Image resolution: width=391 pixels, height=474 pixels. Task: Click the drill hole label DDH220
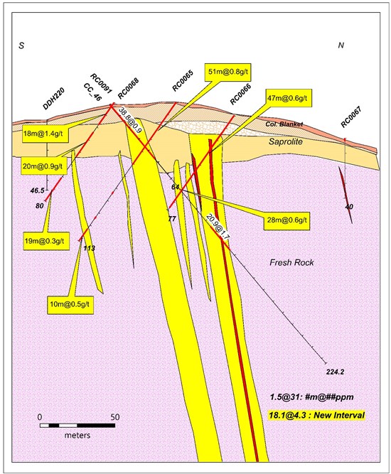[x=54, y=99]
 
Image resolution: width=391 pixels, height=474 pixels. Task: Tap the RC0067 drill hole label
[x=351, y=117]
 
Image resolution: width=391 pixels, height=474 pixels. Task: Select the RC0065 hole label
[x=183, y=80]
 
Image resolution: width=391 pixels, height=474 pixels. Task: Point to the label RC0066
[x=241, y=95]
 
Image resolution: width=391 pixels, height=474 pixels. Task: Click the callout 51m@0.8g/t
[x=228, y=72]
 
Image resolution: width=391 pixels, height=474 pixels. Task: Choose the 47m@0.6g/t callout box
[x=289, y=98]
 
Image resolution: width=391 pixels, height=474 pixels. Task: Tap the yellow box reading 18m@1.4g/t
[x=45, y=134]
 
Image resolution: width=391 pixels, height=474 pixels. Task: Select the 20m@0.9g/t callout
[x=44, y=166]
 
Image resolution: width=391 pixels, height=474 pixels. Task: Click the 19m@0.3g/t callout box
[x=47, y=241]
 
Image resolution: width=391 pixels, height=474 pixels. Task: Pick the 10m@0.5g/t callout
[x=70, y=305]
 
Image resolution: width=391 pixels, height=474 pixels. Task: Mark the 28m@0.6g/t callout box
[x=286, y=220]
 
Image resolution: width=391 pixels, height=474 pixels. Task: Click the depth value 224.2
[x=335, y=372]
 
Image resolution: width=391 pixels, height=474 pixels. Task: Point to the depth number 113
[x=89, y=248]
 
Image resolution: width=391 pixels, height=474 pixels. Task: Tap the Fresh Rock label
[x=291, y=262]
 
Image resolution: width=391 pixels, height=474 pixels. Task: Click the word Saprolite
[x=286, y=141]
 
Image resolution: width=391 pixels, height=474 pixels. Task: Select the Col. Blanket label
[x=284, y=124]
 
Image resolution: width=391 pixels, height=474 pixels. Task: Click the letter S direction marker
[x=21, y=45]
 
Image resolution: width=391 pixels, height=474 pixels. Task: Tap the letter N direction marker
[x=341, y=45]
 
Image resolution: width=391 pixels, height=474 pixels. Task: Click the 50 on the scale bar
[x=115, y=417]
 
